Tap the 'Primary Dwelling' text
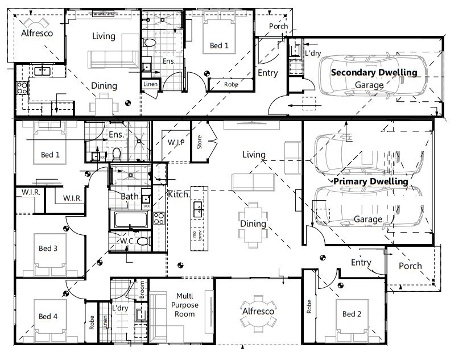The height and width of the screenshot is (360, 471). tap(370, 181)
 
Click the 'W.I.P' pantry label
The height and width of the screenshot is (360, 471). tap(175, 142)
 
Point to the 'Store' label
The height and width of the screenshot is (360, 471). tap(200, 142)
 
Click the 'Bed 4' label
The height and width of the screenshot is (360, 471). tap(47, 316)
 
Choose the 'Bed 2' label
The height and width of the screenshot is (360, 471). tap(352, 314)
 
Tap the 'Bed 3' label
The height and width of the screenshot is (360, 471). tap(47, 249)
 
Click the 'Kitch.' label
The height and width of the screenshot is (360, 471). tap(179, 195)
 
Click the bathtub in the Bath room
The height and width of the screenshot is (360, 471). tap(131, 220)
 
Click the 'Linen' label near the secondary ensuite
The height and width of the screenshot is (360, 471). tap(150, 84)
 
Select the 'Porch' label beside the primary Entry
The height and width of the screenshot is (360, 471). tap(410, 266)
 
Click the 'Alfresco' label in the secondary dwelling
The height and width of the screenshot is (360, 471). tap(37, 34)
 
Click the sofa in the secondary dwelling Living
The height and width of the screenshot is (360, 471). tap(112, 57)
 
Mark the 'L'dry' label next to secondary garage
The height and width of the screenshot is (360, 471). tap(313, 53)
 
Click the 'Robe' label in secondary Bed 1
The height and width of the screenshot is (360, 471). tap(230, 84)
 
